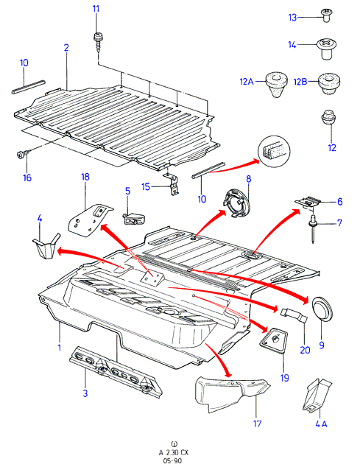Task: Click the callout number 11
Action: pos(96,9)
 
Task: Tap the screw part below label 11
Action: pos(98,42)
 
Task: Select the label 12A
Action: pos(247,81)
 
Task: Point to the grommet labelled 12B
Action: pos(329,84)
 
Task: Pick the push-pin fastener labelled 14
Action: pos(327,49)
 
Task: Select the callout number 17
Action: pos(257,424)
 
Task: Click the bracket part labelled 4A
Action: pos(317,396)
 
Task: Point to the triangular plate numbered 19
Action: pos(273,340)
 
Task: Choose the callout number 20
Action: pos(305,350)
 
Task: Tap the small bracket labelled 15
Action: pos(172,185)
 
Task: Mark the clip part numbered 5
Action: pos(134,220)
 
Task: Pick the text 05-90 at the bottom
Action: pos(172,460)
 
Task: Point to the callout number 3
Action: pos(85,393)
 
